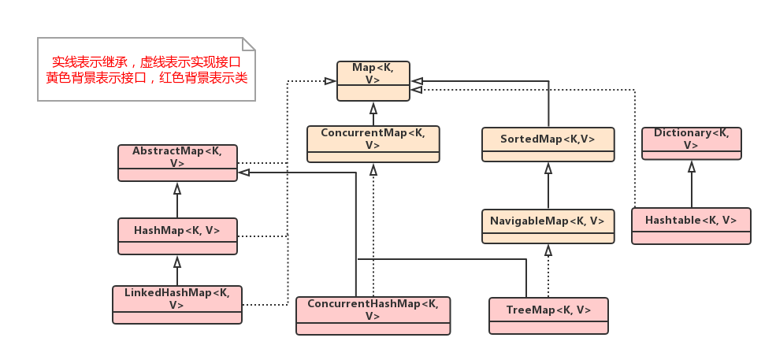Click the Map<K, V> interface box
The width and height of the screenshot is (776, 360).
pyautogui.click(x=373, y=80)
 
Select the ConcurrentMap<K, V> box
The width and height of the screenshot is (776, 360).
pyautogui.click(x=373, y=144)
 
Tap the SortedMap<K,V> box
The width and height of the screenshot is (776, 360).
pyautogui.click(x=548, y=145)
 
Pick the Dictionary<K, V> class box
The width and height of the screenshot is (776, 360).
pyautogui.click(x=691, y=143)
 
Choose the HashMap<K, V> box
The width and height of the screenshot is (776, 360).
pyautogui.click(x=177, y=236)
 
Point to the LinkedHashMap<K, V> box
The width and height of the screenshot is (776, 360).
pyautogui.click(x=177, y=305)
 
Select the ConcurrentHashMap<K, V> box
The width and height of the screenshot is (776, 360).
pyautogui.click(x=373, y=315)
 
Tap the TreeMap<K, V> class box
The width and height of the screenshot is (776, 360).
pyautogui.click(x=548, y=316)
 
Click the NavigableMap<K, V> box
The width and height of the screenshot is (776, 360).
pyautogui.click(x=548, y=227)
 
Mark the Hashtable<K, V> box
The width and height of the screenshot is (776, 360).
pyautogui.click(x=691, y=226)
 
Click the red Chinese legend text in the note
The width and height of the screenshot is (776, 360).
pyautogui.click(x=147, y=69)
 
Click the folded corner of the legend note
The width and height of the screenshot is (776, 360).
pyautogui.click(x=249, y=44)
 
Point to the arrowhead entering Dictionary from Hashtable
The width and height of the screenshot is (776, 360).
pyautogui.click(x=691, y=166)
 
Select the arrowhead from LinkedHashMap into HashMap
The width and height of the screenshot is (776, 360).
pyautogui.click(x=177, y=261)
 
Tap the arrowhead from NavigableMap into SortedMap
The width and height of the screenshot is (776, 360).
pyautogui.click(x=548, y=168)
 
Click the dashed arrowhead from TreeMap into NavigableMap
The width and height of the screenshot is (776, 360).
pyautogui.click(x=548, y=251)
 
